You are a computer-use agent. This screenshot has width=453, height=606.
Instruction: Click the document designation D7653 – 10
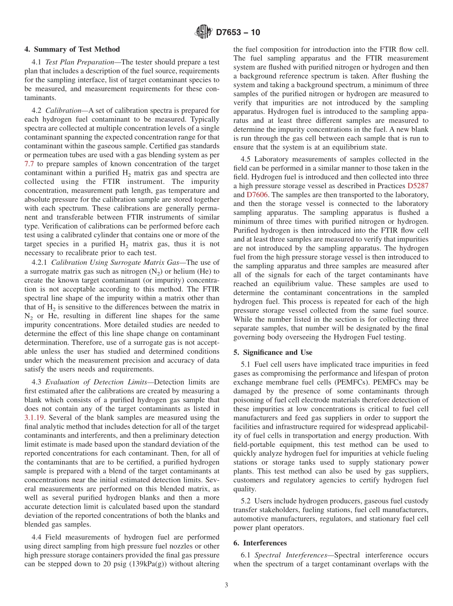238,33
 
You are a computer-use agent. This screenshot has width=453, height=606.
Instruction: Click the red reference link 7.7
29,163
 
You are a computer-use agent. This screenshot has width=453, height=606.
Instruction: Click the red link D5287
418,186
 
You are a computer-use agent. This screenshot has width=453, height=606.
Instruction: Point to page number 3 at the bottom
226,585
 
